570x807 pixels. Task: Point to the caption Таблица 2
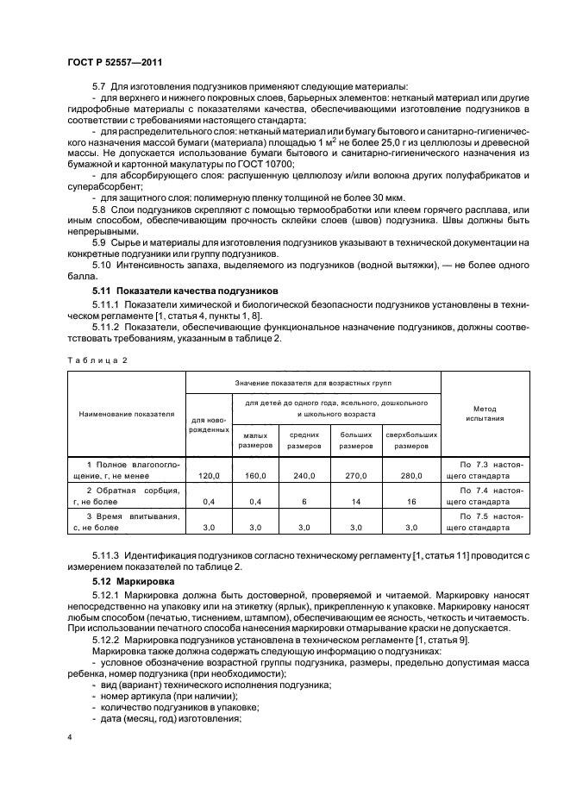[x=95, y=360]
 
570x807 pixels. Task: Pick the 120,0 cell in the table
[x=210, y=475]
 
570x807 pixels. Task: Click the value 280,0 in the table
[x=411, y=475]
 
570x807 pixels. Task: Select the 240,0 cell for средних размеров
[x=304, y=475]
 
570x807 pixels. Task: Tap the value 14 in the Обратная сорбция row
[x=355, y=500]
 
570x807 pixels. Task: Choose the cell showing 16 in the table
[x=411, y=500]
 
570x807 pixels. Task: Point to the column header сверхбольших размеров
[x=411, y=441]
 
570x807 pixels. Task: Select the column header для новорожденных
[x=210, y=424]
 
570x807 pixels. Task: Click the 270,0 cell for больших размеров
[x=355, y=475]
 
